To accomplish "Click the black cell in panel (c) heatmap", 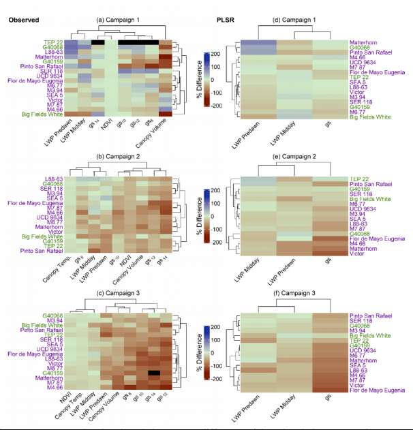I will pos(155,373).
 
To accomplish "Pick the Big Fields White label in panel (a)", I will pos(42,114).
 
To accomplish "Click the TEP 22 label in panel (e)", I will pos(360,179).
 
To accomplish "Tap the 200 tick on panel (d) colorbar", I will pos(215,52).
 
